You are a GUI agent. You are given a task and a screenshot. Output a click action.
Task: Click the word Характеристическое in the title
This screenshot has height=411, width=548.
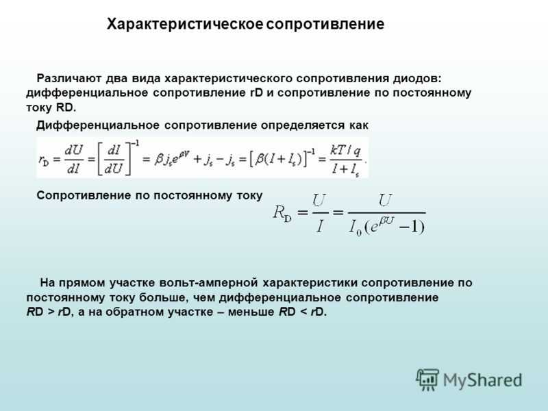click(185, 24)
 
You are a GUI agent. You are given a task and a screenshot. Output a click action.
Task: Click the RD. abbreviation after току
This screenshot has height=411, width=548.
click(66, 108)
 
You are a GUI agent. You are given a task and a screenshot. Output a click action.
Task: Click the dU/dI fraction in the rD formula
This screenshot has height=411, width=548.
click(74, 160)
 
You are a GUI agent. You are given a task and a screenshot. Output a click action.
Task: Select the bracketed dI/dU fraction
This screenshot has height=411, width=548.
click(114, 160)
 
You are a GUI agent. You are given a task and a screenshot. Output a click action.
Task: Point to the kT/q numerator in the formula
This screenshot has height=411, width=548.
click(345, 150)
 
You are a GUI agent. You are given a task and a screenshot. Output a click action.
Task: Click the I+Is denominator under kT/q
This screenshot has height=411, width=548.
click(345, 170)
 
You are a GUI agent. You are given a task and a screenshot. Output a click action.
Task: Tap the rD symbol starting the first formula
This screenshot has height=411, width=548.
click(44, 160)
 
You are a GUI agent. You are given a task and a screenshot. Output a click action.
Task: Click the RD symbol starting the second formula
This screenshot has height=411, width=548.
click(282, 212)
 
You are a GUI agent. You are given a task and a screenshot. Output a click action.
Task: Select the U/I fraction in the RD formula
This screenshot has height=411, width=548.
click(320, 213)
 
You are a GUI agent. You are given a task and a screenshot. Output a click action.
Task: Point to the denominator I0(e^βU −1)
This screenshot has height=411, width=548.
click(387, 226)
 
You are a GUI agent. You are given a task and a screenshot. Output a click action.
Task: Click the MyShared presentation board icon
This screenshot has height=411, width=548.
click(427, 379)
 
